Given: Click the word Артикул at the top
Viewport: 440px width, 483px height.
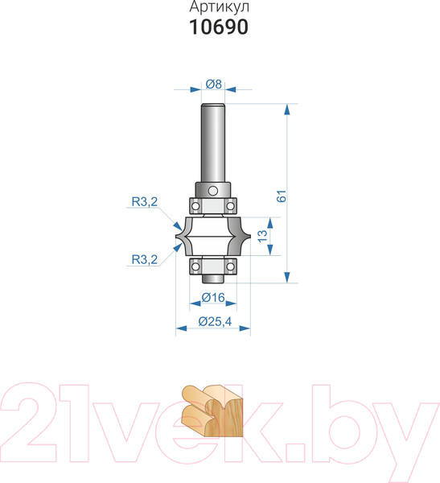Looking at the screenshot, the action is coord(219,7).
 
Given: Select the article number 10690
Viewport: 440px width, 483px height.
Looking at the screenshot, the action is coord(219,27).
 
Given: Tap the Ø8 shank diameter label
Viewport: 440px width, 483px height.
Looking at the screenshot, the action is coord(213,84).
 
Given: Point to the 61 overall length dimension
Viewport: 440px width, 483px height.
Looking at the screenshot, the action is coord(282,196).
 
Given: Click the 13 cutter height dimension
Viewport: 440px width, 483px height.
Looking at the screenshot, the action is coord(263,236).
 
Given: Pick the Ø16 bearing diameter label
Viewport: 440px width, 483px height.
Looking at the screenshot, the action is coord(213,298).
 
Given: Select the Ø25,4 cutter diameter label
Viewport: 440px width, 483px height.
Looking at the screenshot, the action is coord(215,321).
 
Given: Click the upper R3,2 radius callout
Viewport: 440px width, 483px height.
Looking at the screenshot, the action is coord(145,202).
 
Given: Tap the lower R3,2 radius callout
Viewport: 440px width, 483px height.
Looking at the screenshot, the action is coord(145,260).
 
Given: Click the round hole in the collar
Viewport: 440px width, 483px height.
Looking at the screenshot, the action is coord(213,191).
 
